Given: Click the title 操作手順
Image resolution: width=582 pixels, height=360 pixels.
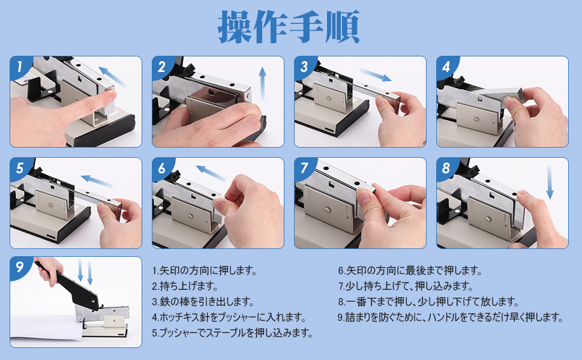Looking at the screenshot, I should coord(290,26).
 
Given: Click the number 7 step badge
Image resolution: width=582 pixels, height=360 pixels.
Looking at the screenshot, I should coord(303,168).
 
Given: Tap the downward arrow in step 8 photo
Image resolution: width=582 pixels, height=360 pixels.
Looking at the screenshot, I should coord(550,184).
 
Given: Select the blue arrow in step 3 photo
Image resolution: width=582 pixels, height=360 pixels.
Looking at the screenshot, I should coord(374,75).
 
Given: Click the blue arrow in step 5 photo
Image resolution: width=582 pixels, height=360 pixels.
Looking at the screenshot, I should coord(97,179).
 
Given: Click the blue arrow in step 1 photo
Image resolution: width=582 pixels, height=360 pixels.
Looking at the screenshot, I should coord(112,77).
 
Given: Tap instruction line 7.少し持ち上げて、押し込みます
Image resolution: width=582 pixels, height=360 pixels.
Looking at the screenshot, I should coord(406,286).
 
